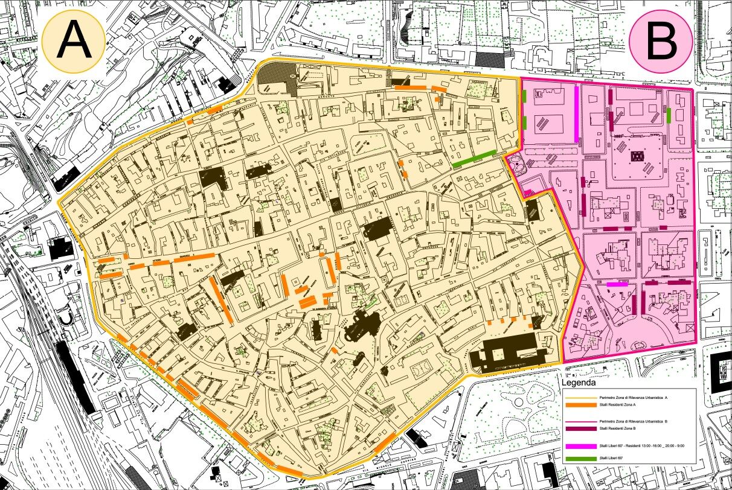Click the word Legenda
579,383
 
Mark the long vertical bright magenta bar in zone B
577,111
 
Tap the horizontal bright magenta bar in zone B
617,284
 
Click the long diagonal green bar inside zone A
474,158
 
